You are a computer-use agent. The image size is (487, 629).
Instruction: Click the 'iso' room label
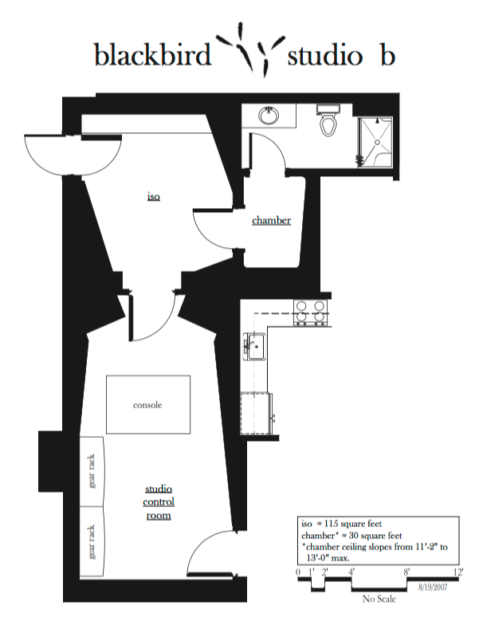click(154, 197)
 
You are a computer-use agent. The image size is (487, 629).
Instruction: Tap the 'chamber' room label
click(271, 220)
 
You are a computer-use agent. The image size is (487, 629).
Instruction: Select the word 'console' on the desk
click(147, 405)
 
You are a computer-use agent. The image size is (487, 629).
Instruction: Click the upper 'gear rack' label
click(92, 471)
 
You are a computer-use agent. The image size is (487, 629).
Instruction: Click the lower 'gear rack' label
click(92, 541)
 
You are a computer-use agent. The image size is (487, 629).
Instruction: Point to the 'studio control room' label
click(159, 502)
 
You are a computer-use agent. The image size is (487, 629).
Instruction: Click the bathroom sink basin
click(269, 115)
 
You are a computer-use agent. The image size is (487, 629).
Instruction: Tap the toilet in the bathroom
click(328, 120)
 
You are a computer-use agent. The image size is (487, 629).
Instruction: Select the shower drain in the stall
click(377, 142)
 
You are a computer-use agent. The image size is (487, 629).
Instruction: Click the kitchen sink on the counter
click(254, 346)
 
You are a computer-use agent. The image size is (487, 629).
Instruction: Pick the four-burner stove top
click(311, 313)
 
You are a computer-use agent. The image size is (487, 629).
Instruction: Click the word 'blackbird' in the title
click(152, 54)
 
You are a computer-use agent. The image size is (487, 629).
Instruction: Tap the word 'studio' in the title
click(325, 56)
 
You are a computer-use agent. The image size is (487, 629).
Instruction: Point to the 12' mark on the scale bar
click(458, 572)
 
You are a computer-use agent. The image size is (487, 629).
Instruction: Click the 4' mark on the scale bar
click(352, 572)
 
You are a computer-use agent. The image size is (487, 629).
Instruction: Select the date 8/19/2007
click(433, 588)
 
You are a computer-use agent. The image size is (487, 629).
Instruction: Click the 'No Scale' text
click(379, 599)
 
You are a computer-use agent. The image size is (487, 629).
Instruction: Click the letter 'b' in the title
click(387, 54)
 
